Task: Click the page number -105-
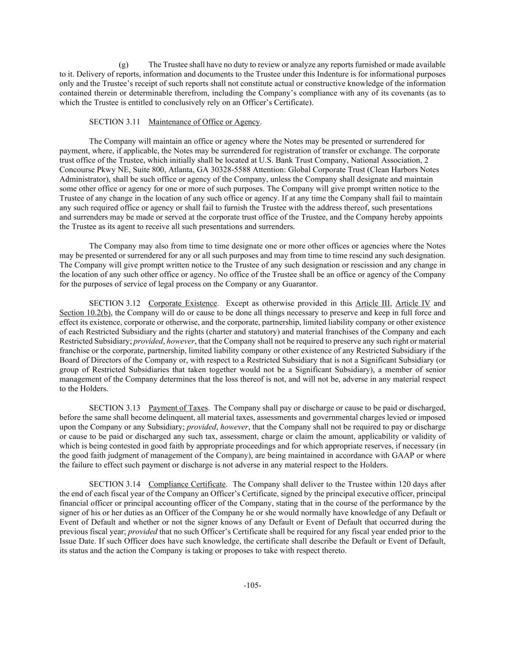point(252,585)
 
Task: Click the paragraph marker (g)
point(123,65)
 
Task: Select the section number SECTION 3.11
point(114,122)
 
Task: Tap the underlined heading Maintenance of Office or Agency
point(204,122)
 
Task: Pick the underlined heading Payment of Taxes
point(178,408)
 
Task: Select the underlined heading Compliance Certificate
point(187,484)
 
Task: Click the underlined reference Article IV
point(413,303)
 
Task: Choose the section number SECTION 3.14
point(114,484)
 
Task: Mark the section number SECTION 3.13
point(114,408)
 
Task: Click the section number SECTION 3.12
point(114,303)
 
